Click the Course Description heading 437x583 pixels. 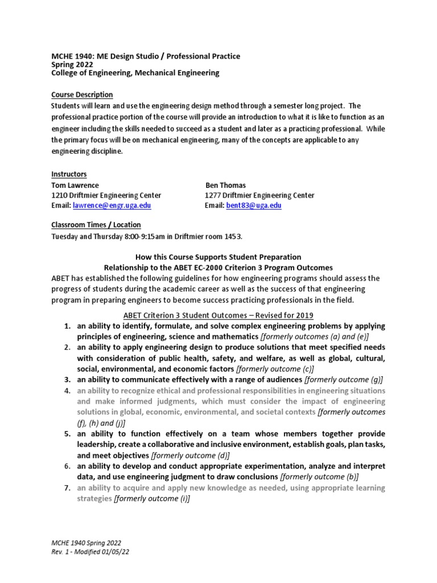(82, 95)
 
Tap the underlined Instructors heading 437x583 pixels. (69, 174)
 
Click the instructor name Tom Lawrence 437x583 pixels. (75, 185)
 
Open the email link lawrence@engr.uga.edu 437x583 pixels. (111, 206)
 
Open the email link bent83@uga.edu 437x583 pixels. (254, 206)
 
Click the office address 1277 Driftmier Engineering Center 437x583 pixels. (259, 195)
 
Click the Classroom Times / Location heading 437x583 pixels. (96, 225)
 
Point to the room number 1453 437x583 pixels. (236, 236)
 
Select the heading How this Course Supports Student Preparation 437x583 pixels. (218, 257)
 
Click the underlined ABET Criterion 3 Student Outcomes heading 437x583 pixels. (218, 315)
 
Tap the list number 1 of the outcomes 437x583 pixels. (67, 326)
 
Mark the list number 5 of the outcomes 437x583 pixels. (67, 434)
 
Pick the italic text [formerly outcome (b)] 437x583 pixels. (320, 477)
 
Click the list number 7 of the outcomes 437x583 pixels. (67, 488)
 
